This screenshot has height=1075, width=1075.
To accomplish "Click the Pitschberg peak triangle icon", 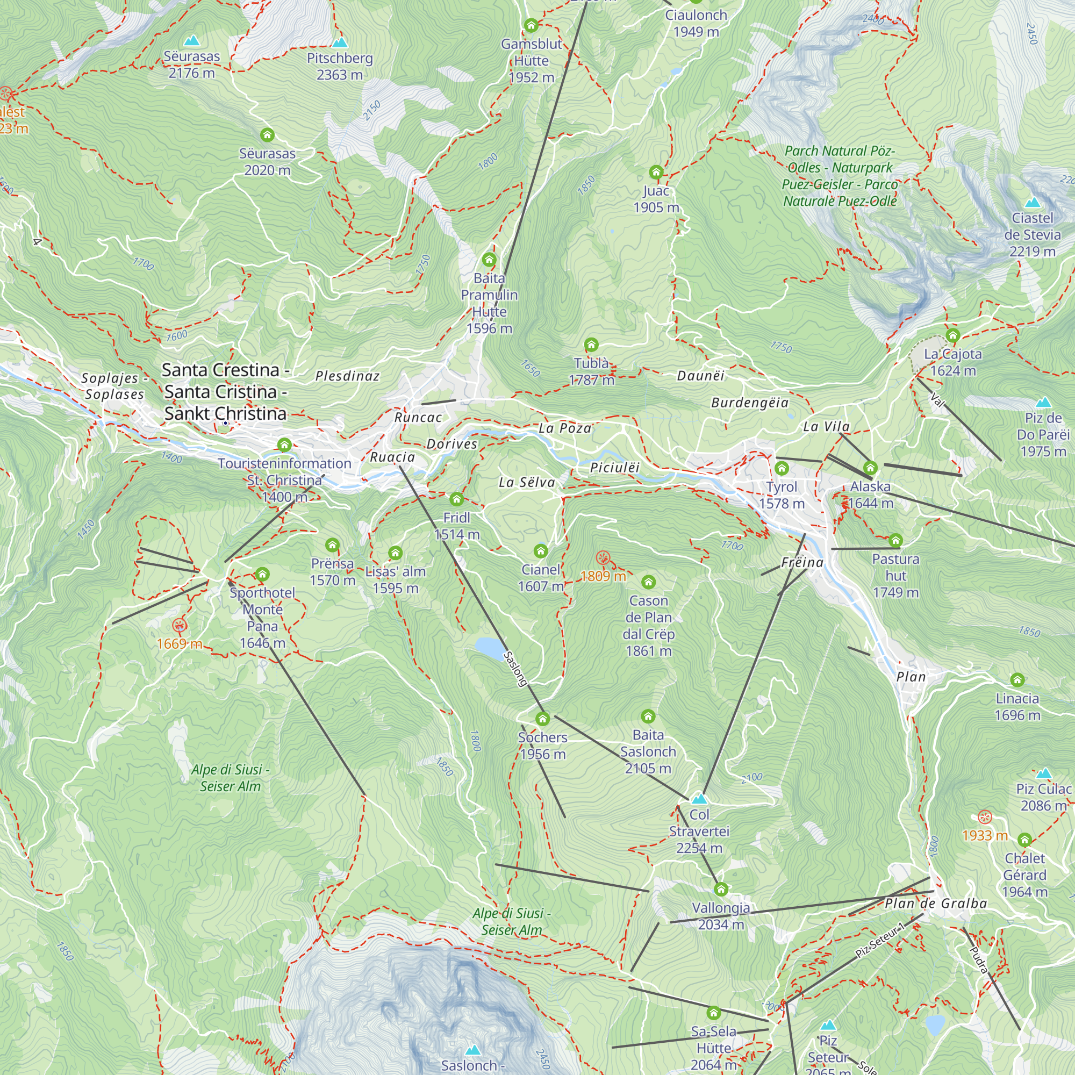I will [x=339, y=42].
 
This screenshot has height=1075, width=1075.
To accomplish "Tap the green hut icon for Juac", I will [x=656, y=172].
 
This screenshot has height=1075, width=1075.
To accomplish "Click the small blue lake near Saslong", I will [x=489, y=647].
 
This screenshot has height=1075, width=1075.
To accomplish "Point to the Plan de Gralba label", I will [x=935, y=903].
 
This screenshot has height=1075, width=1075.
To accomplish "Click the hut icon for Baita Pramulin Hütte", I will [x=489, y=259].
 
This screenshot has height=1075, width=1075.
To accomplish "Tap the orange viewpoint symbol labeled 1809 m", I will [x=603, y=557].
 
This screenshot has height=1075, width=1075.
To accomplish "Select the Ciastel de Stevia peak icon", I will [x=1032, y=203].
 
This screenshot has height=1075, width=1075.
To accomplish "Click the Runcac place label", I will [x=418, y=417].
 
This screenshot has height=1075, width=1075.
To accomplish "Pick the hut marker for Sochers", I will [x=542, y=719].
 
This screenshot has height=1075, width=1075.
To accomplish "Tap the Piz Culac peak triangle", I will [x=1043, y=773].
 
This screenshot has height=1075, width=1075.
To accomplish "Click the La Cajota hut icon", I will [x=952, y=335].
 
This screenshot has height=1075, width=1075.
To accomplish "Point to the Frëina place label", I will [x=802, y=563].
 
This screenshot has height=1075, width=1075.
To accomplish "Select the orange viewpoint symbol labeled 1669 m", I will [x=179, y=626].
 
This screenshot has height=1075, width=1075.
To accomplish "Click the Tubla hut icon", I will [x=591, y=345].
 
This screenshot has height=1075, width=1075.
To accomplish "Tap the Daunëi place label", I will [x=700, y=376].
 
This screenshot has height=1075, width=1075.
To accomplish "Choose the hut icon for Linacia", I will [x=1017, y=679].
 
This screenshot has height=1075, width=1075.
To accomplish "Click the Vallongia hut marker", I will [x=721, y=889].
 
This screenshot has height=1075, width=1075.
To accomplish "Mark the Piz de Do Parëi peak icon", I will [x=1043, y=402].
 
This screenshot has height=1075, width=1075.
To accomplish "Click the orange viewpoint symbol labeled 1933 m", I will [x=985, y=818].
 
